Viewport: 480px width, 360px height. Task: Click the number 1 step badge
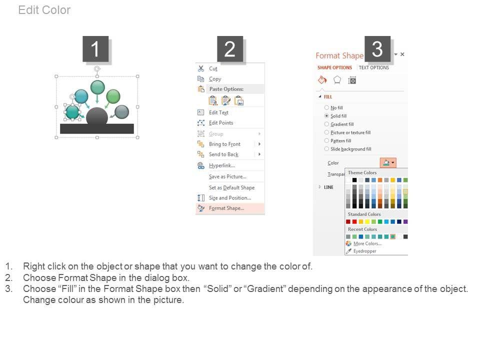pyautogui.click(x=95, y=49)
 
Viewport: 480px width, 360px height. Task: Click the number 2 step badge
pyautogui.click(x=230, y=49)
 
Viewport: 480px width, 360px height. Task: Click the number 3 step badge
pyautogui.click(x=377, y=49)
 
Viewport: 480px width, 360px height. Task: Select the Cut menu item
pyautogui.click(x=213, y=68)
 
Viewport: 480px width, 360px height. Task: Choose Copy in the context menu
pyautogui.click(x=215, y=79)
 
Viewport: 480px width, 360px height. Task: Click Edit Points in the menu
pyautogui.click(x=221, y=123)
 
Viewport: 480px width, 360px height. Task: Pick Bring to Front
pyautogui.click(x=224, y=144)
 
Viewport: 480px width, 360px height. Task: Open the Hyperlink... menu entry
pyautogui.click(x=222, y=165)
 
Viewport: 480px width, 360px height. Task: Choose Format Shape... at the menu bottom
pyautogui.click(x=226, y=208)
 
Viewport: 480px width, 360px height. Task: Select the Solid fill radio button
pyautogui.click(x=326, y=116)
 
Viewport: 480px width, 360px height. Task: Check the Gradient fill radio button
pyautogui.click(x=326, y=124)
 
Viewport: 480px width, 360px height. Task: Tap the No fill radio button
pyautogui.click(x=326, y=108)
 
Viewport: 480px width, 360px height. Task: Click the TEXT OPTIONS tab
pyautogui.click(x=374, y=67)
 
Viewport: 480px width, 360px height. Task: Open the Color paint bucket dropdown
pyautogui.click(x=388, y=163)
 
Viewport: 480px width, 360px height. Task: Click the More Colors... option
pyautogui.click(x=367, y=243)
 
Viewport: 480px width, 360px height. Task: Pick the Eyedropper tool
pyautogui.click(x=365, y=251)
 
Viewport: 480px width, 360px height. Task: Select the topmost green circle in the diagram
pyautogui.click(x=97, y=87)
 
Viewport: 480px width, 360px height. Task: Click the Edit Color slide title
pyautogui.click(x=44, y=10)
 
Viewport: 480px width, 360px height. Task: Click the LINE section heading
pyautogui.click(x=329, y=187)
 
